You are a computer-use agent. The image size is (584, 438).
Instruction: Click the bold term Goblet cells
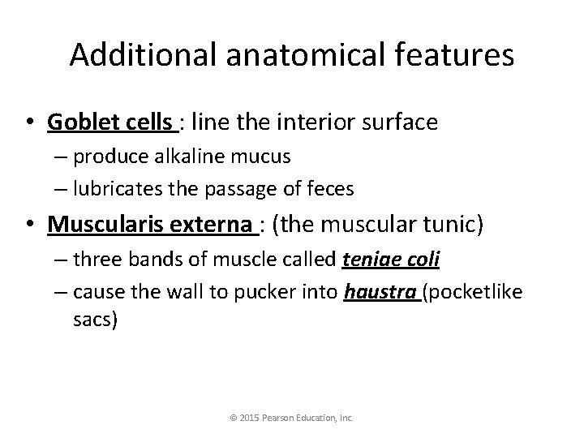click(x=111, y=122)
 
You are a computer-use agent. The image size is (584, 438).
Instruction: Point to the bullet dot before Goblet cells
click(x=32, y=123)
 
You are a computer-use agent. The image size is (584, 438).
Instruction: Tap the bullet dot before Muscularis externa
click(x=32, y=225)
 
